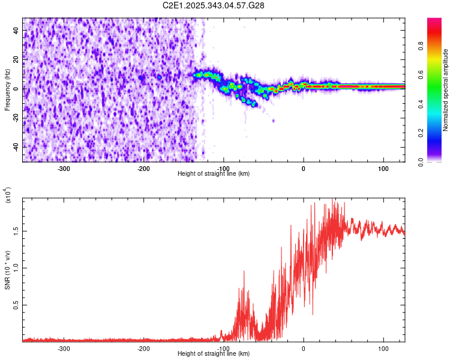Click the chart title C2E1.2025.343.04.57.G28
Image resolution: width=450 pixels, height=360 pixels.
tap(214, 5)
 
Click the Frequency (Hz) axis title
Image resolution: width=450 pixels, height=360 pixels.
tap(8, 90)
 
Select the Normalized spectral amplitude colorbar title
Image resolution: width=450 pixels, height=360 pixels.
tap(446, 90)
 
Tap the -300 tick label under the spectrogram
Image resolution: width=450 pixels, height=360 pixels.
tap(64, 168)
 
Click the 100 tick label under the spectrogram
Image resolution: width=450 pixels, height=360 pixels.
tap(383, 168)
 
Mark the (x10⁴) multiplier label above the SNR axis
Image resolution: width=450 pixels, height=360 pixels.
tap(8, 196)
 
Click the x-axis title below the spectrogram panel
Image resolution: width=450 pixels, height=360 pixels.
tap(214, 174)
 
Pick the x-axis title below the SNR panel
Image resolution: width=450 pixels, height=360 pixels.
tap(214, 354)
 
